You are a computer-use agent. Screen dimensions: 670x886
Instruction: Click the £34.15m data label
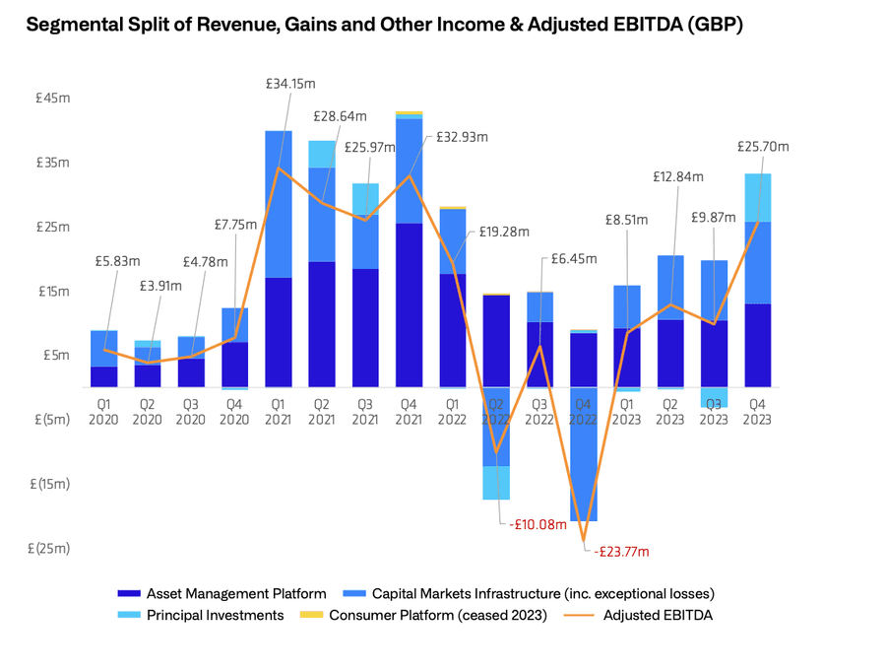point(290,85)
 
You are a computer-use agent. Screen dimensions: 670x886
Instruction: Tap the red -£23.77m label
point(622,552)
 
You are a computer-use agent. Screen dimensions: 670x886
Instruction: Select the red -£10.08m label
point(539,524)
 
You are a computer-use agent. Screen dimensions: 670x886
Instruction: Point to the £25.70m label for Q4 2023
point(763,147)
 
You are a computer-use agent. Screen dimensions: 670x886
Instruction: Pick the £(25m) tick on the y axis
point(50,549)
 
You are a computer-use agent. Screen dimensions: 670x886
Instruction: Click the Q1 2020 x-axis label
point(103,412)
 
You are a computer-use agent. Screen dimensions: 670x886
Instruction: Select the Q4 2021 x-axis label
point(409,412)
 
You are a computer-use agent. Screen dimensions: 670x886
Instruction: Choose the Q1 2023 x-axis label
point(626,412)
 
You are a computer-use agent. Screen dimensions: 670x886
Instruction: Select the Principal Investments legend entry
point(215,616)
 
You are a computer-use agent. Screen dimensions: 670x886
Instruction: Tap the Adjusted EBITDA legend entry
point(658,616)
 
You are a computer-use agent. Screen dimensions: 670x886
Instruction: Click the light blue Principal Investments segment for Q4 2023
point(757,197)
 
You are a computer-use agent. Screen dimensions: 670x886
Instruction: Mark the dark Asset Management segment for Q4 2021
point(409,304)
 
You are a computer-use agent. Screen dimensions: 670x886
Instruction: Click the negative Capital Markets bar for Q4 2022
point(583,453)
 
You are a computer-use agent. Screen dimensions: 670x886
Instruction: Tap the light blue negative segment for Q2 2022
point(495,483)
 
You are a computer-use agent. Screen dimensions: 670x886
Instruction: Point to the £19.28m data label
point(504,233)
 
